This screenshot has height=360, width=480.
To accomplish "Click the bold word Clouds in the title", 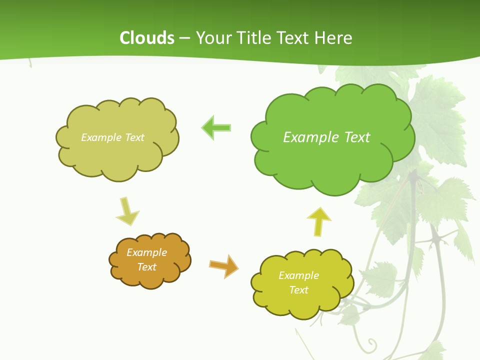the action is tap(146, 38).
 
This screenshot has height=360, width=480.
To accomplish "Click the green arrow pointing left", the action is tap(216, 128).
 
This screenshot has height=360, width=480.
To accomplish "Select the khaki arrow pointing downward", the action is tap(127, 211).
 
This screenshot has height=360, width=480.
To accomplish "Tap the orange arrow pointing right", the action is tap(224, 265).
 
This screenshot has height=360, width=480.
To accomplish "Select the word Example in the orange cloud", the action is tap(146, 252).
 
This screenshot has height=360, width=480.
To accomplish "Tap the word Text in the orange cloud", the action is tap(147, 267).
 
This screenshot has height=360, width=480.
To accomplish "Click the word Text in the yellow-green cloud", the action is tap(298, 290).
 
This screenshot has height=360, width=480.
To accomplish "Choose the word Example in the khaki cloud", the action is tap(100, 137).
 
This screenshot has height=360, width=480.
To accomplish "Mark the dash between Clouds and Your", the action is tap(184, 38).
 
